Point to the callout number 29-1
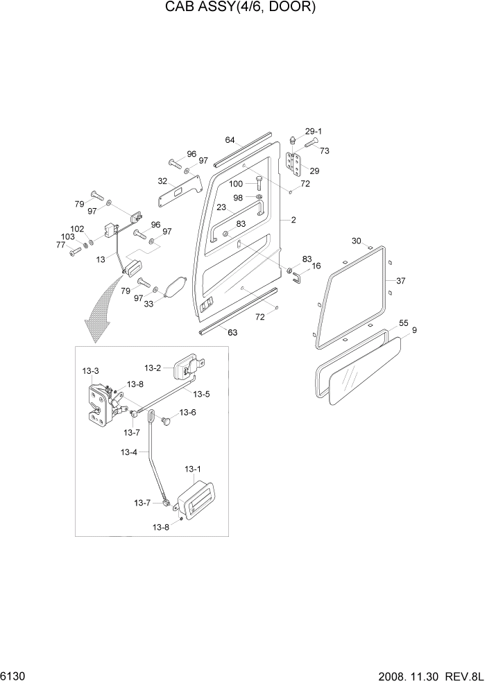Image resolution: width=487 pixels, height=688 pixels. [x=314, y=131]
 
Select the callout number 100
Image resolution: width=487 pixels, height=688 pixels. [x=236, y=184]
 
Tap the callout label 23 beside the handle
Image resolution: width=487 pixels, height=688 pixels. [x=221, y=207]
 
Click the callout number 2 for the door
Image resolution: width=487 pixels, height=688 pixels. [x=293, y=220]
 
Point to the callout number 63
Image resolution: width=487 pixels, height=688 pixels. [x=232, y=332]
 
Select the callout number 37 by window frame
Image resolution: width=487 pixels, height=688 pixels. [x=400, y=281]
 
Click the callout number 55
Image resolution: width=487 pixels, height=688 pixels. [x=403, y=323]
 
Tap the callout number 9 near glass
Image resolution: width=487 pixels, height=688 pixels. [x=414, y=331]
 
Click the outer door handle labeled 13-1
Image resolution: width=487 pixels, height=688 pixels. [x=196, y=500]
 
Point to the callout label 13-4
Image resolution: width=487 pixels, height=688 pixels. [x=129, y=452]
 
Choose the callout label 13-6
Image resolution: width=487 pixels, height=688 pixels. [x=187, y=412]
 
